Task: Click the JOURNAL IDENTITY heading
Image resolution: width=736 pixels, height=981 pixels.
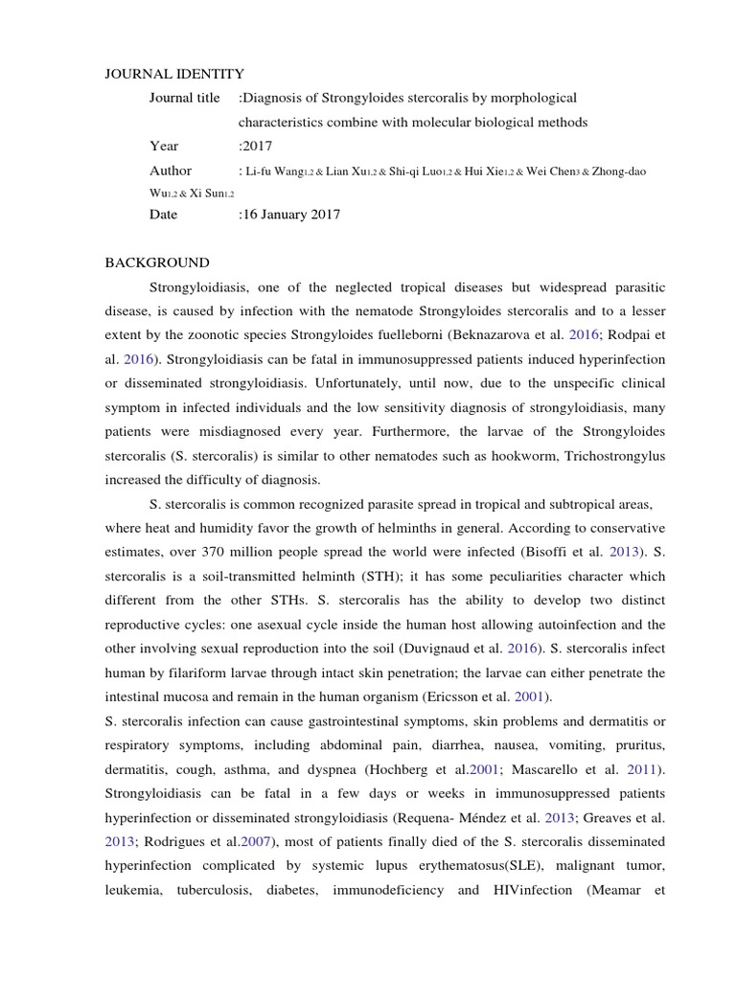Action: pos(173,74)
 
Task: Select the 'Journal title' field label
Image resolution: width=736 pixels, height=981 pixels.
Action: pos(184,99)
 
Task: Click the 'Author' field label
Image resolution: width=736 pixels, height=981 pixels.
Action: pos(171,171)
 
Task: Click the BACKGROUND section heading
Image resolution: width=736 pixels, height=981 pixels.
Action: pos(156,262)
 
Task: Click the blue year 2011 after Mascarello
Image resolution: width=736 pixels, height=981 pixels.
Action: pos(643,769)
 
